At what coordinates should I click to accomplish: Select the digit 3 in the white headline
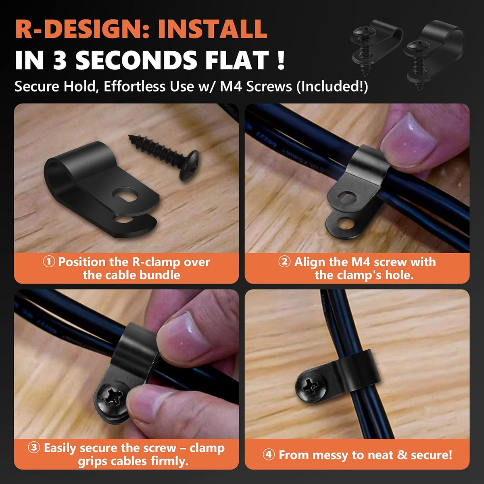(x=60, y=60)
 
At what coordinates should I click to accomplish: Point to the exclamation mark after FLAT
(x=281, y=60)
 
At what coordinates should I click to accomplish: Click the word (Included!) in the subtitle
(x=332, y=87)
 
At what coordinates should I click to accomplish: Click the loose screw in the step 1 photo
(x=164, y=157)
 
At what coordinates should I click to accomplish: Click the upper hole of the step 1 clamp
(x=125, y=194)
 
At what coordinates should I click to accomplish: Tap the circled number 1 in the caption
(x=49, y=262)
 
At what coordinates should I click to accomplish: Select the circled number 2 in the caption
(x=285, y=262)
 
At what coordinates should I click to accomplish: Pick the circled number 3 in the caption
(x=34, y=448)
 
